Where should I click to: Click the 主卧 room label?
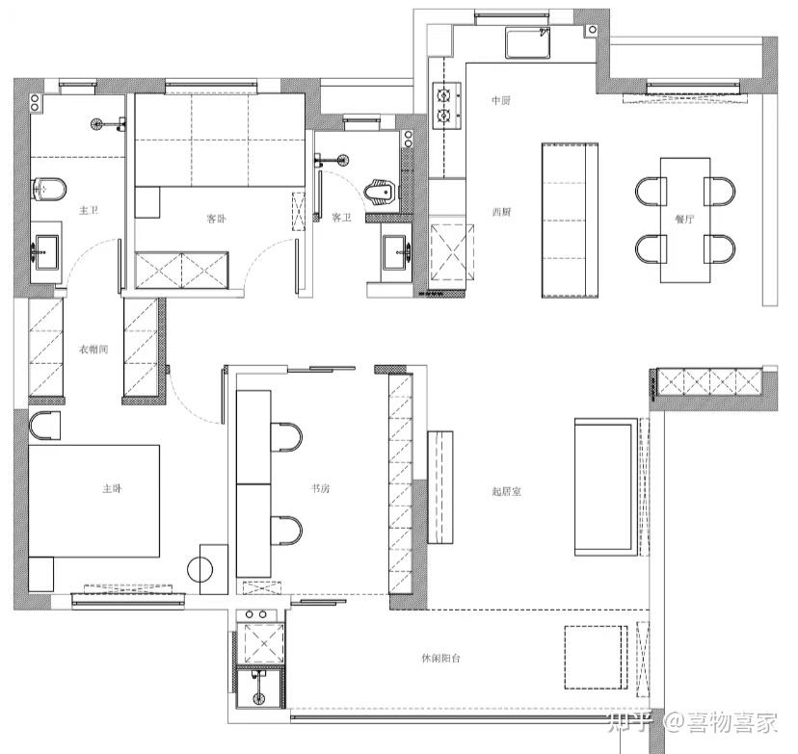click(x=112, y=488)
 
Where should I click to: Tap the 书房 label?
click(x=320, y=488)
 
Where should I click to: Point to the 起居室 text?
click(x=506, y=492)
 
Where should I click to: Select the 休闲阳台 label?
click(x=440, y=658)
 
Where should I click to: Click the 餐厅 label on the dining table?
click(x=684, y=220)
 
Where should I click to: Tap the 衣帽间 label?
click(x=93, y=350)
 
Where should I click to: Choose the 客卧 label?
click(x=216, y=219)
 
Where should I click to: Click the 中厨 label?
click(x=501, y=101)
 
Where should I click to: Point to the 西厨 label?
click(x=501, y=212)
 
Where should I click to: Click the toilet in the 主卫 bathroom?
click(x=48, y=190)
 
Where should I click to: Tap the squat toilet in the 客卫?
click(x=380, y=193)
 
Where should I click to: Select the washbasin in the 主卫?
click(x=46, y=251)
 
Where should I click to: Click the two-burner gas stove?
click(x=446, y=106)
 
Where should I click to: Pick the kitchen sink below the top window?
click(x=528, y=42)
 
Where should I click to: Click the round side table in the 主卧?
click(x=200, y=569)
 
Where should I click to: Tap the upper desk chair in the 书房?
click(x=285, y=437)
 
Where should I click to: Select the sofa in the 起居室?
click(x=605, y=486)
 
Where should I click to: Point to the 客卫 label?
click(x=341, y=218)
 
